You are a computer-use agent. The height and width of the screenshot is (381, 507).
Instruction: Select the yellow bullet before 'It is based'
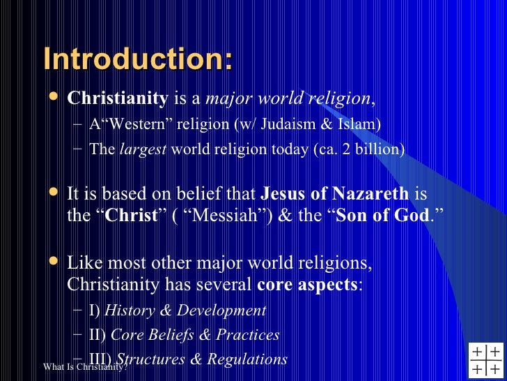pyautogui.click(x=53, y=192)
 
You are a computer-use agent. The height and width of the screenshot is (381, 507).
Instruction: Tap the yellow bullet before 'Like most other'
pyautogui.click(x=53, y=263)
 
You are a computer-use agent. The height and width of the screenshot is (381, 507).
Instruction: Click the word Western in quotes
pyautogui.click(x=125, y=124)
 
